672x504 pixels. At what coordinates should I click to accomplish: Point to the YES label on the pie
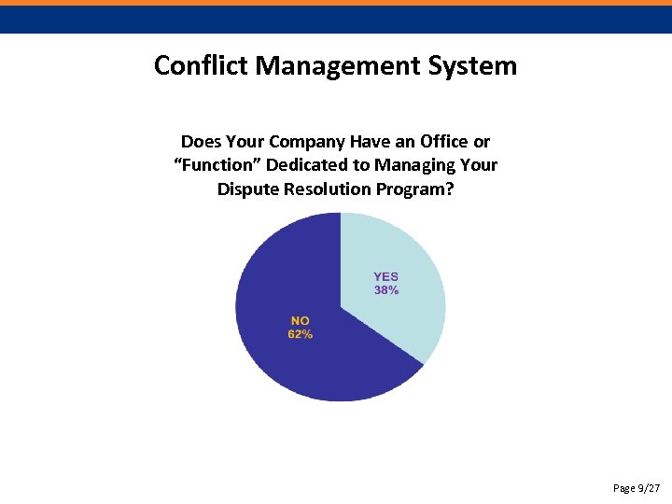[386, 276]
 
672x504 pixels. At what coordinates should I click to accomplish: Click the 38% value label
[386, 290]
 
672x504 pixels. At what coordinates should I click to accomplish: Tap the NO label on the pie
[301, 320]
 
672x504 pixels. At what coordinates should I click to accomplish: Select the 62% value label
[301, 334]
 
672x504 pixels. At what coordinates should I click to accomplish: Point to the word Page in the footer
[623, 488]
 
